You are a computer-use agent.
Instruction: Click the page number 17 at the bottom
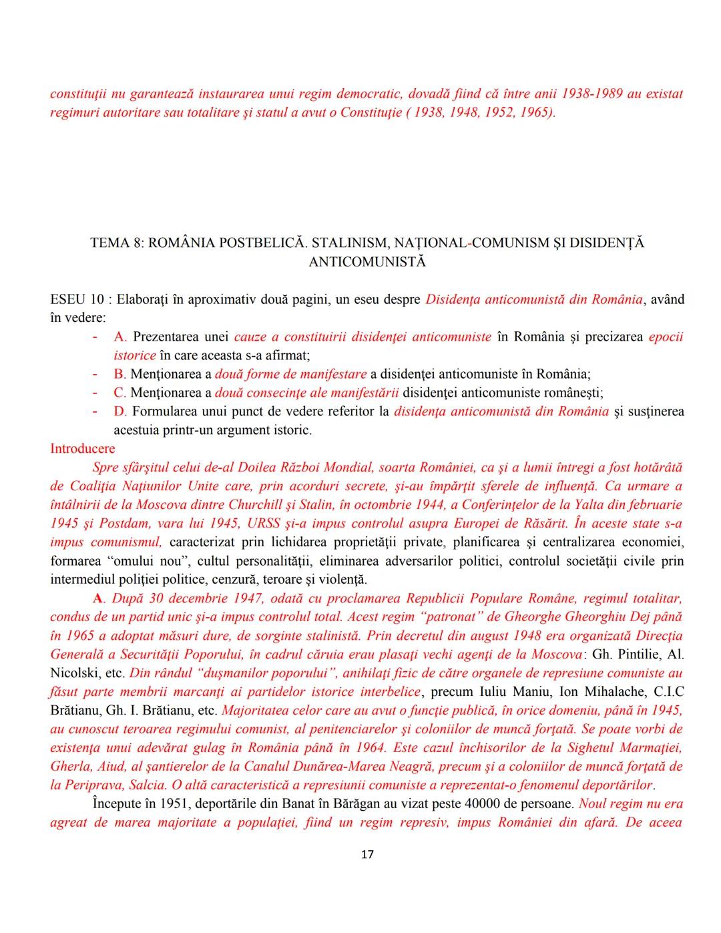click(367, 855)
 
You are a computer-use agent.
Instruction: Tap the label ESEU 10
click(77, 299)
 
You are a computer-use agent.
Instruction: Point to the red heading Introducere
click(82, 449)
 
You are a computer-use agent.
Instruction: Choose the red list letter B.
click(120, 374)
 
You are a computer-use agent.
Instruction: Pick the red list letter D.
click(120, 411)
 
